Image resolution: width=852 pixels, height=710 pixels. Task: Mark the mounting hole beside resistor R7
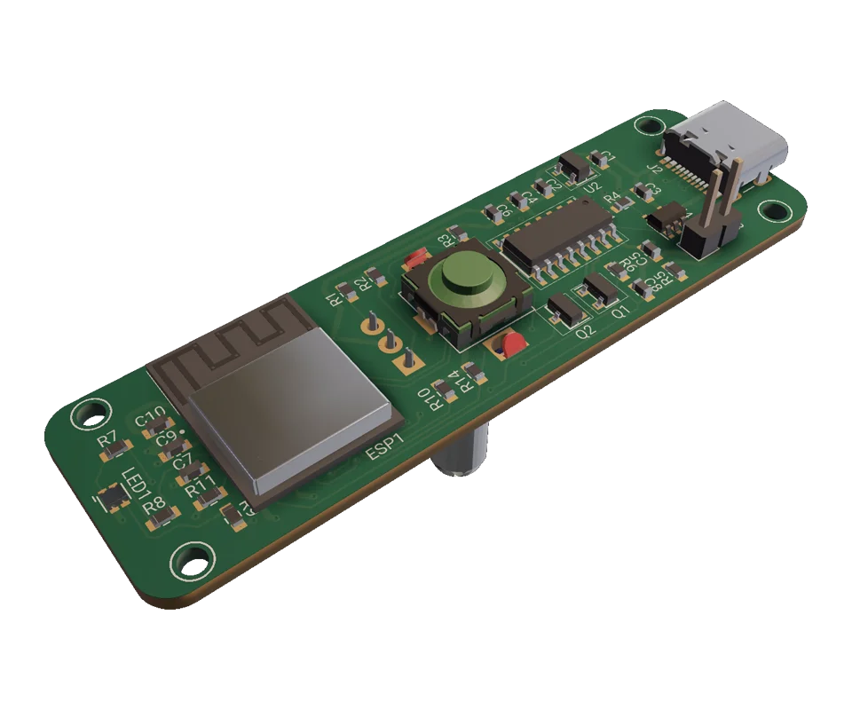click(90, 412)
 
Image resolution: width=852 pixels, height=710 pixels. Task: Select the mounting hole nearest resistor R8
click(189, 560)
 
